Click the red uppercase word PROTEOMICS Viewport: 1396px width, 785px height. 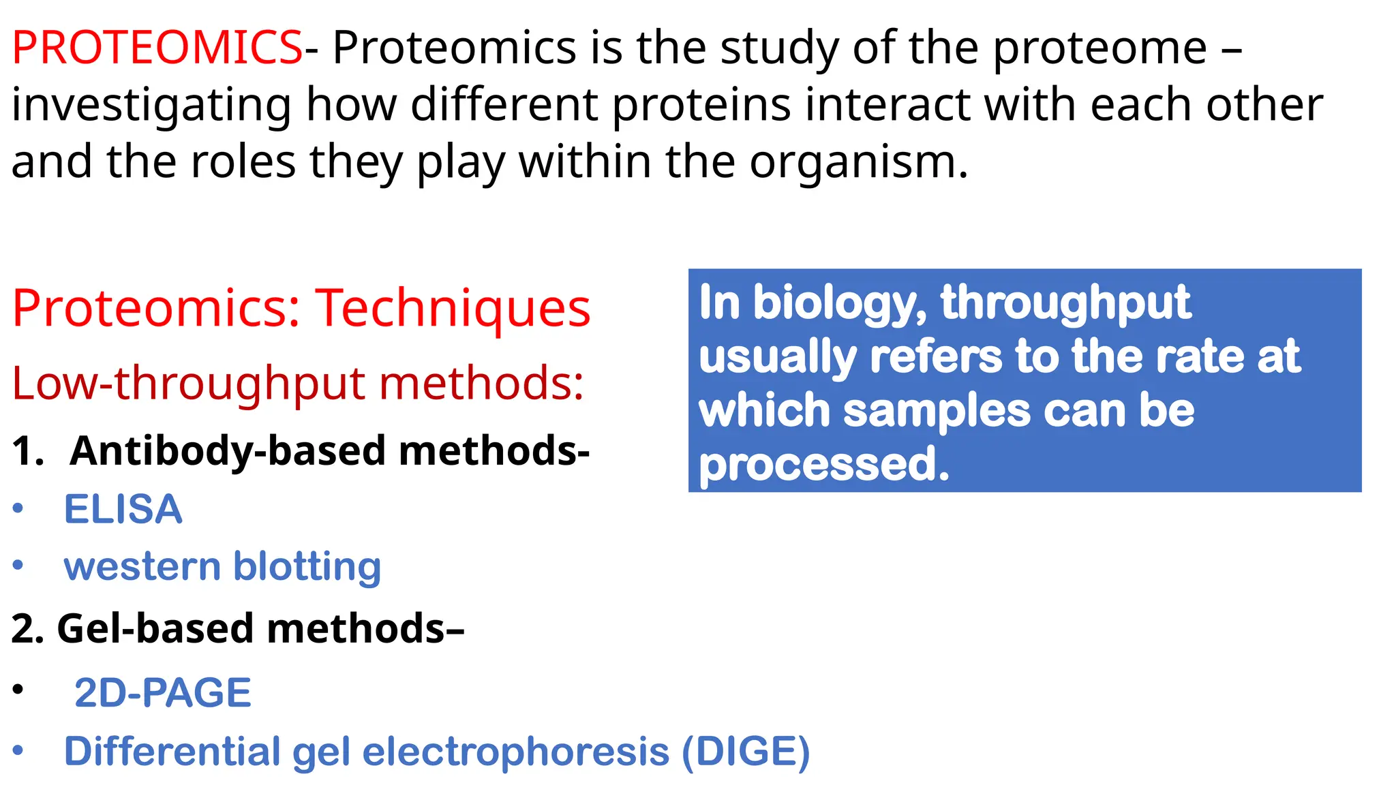click(157, 48)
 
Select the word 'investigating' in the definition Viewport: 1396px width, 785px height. click(151, 106)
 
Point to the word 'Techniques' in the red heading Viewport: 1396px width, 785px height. click(453, 308)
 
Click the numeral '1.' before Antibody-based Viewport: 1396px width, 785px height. click(28, 451)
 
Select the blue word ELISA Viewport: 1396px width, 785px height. click(123, 509)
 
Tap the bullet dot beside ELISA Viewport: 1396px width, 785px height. click(18, 508)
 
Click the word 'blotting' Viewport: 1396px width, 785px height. click(307, 566)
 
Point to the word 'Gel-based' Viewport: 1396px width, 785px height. click(155, 628)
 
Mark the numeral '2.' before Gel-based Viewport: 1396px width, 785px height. click(28, 628)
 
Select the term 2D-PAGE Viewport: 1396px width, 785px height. click(163, 692)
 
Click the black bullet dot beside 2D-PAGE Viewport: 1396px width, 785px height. click(18, 689)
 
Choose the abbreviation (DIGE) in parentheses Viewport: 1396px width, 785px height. click(746, 751)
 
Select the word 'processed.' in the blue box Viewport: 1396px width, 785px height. click(824, 465)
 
